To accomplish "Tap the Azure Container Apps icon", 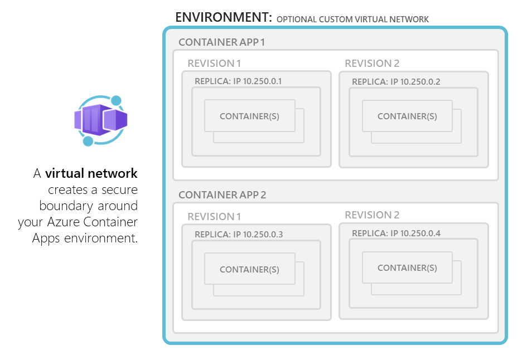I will (100, 120).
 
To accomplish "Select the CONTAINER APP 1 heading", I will (222, 42).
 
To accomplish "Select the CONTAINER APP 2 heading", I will (222, 194).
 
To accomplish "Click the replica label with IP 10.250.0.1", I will (238, 81).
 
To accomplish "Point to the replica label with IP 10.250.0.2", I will (396, 81).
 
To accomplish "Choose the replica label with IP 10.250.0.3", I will (239, 234).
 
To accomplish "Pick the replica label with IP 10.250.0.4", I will (396, 233).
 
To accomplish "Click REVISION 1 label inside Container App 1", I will (214, 64).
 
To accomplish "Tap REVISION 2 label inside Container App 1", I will (372, 64).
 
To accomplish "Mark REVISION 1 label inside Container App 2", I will (214, 217).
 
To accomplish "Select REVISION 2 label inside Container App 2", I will (372, 215).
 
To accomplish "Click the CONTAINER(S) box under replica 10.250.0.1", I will (249, 116).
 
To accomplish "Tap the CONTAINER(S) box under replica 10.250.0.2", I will (407, 116).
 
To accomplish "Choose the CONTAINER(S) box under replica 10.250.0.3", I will (249, 269).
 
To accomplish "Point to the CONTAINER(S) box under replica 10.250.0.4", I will (407, 267).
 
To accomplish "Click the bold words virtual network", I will (91, 174).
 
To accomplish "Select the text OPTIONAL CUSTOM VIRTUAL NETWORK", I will (352, 20).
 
